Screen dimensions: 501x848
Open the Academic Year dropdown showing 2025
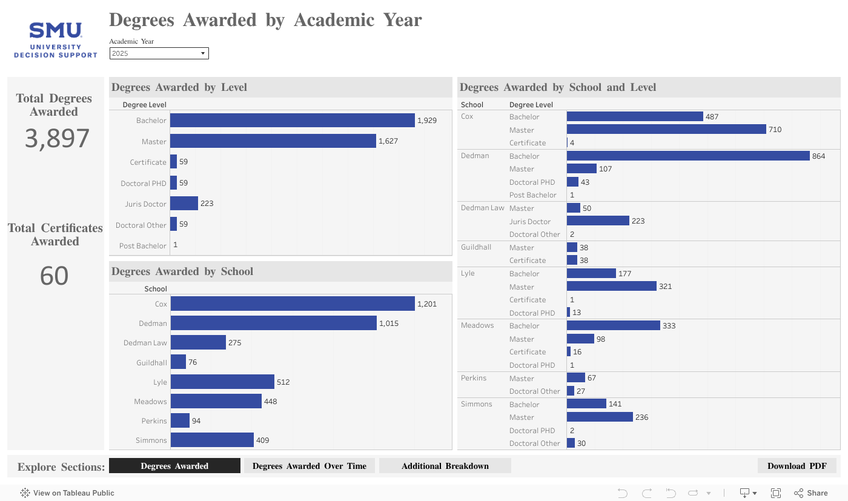[159, 53]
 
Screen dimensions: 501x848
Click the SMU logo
[56, 40]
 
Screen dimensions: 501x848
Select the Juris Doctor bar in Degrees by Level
[184, 204]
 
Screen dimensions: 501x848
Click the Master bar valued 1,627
[273, 141]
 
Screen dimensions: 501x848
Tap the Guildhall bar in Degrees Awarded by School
[178, 362]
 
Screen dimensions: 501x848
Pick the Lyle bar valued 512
[222, 382]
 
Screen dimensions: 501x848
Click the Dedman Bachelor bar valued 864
[688, 156]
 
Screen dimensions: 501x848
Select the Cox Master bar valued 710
[666, 129]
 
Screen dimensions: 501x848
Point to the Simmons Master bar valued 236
[600, 417]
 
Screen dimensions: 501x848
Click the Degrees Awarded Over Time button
[309, 466]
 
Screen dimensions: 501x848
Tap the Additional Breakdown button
[445, 466]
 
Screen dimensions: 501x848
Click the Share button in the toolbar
[811, 493]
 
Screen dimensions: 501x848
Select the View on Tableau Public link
[67, 493]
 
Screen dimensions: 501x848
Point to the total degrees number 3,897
[57, 139]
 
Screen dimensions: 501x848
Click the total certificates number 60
[55, 276]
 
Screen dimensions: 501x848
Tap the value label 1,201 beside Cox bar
[427, 304]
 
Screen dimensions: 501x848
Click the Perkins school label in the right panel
[474, 378]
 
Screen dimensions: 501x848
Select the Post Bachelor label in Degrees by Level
[142, 246]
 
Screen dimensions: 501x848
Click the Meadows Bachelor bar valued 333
[613, 325]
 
